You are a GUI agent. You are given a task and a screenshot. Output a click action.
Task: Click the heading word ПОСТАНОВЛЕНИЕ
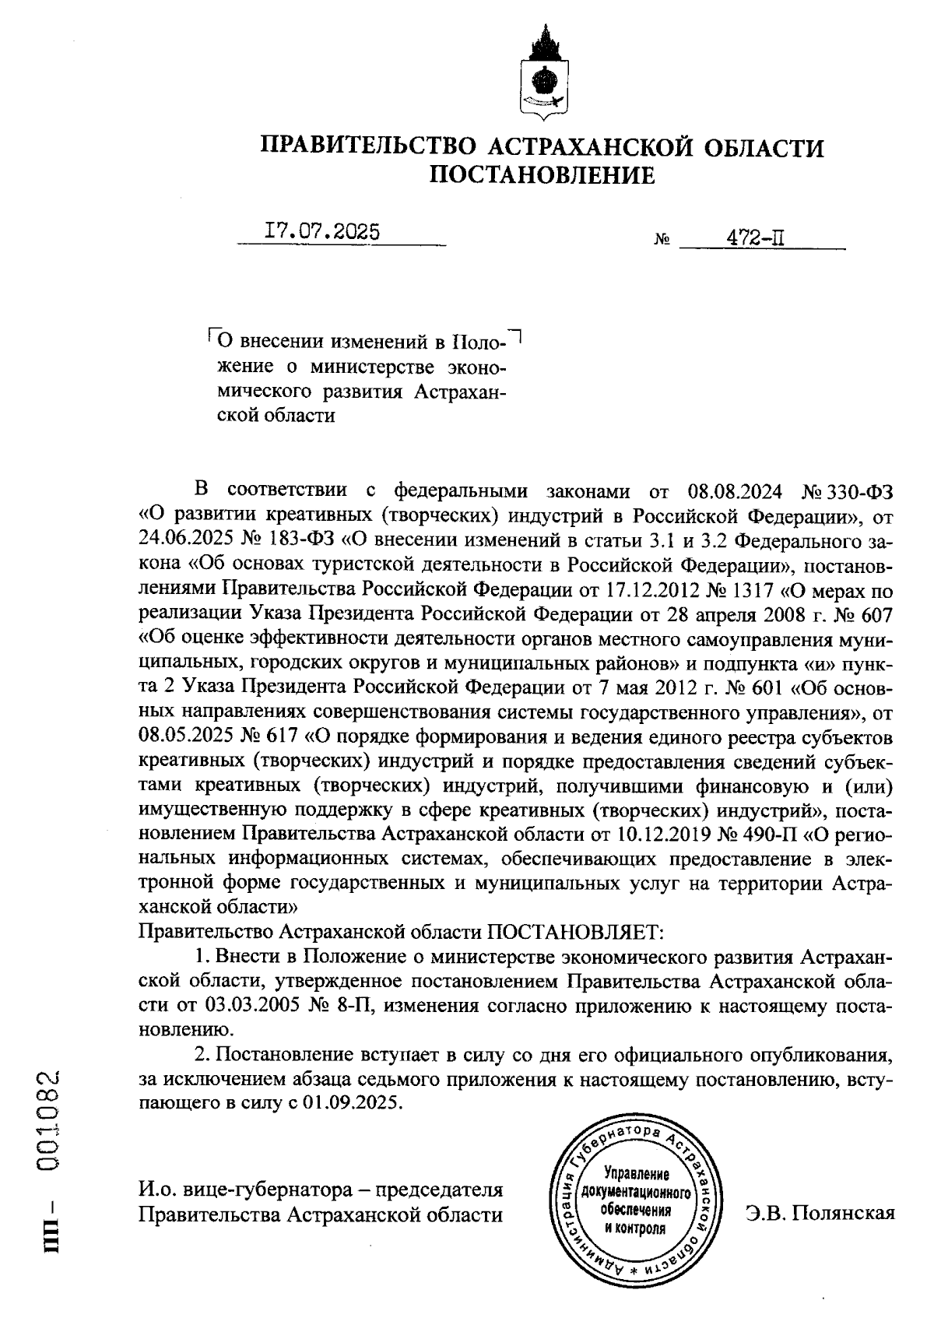[542, 175]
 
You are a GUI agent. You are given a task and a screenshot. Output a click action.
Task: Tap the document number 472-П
[754, 238]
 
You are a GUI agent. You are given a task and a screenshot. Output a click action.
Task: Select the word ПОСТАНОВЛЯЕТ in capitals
[574, 931]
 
